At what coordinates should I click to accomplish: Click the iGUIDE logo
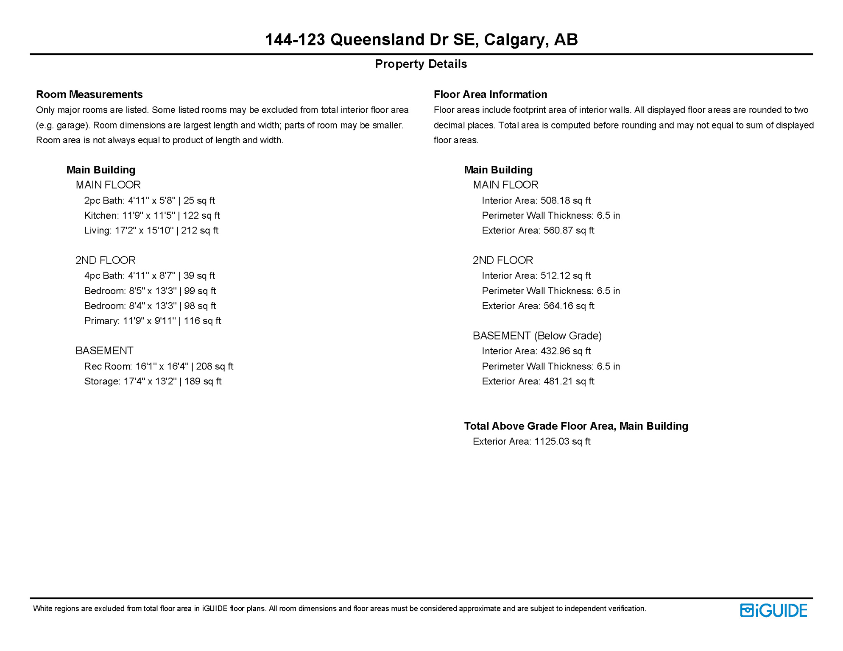(x=773, y=610)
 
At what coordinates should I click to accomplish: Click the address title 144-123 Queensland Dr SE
(x=421, y=40)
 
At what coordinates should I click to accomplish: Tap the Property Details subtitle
(x=421, y=64)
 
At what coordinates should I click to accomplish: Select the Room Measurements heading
(x=89, y=94)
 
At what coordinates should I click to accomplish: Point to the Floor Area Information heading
(x=490, y=94)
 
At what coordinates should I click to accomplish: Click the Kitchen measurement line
(x=152, y=215)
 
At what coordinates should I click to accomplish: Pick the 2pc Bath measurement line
(x=149, y=200)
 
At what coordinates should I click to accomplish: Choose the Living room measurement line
(x=151, y=231)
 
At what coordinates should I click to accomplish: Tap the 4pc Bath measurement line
(x=149, y=276)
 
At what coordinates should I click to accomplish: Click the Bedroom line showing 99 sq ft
(x=150, y=291)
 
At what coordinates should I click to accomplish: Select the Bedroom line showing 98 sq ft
(x=150, y=306)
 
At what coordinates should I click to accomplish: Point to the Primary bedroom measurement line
(x=153, y=321)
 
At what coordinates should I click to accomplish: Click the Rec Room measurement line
(x=159, y=366)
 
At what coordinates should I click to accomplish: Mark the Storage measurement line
(x=153, y=381)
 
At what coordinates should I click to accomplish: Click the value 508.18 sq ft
(x=566, y=200)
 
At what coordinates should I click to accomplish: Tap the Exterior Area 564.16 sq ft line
(x=538, y=306)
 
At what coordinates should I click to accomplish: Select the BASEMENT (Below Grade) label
(x=537, y=336)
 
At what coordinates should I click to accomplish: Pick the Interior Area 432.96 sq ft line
(x=536, y=351)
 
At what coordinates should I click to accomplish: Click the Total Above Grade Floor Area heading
(x=576, y=426)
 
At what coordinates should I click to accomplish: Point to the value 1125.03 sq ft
(x=562, y=442)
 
